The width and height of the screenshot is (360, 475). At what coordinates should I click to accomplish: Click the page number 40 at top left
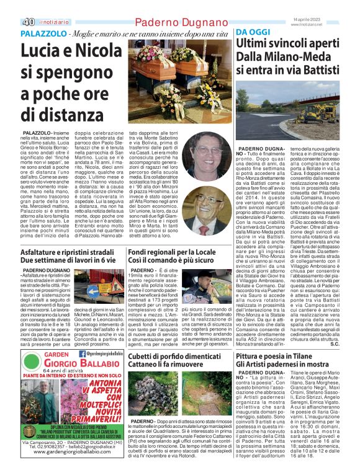12,7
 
